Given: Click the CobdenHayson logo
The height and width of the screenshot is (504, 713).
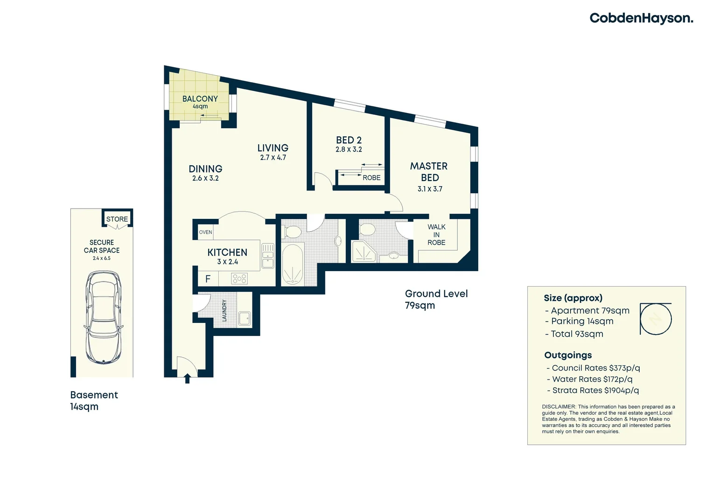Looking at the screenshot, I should pos(641,18).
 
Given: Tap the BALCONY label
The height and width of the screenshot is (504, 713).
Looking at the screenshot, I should pos(200,99).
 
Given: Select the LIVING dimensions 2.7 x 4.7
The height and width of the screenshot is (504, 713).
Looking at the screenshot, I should pos(273,158).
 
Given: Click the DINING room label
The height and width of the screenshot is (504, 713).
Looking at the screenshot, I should pos(205,169).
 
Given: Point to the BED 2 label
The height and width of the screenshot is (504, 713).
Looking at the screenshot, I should pos(349,140).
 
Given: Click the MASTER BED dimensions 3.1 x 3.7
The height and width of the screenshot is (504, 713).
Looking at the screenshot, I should pos(430,189).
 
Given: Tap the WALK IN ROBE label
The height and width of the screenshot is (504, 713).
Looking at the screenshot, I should pos(436,235).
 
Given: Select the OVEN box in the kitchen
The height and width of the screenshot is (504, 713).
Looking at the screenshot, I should pos(205,232).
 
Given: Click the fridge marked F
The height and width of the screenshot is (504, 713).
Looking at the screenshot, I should pos(208,279).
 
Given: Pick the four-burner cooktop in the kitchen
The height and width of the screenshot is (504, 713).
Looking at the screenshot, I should pos(239,279).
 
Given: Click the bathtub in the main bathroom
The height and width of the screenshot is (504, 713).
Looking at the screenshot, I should pos(293,265).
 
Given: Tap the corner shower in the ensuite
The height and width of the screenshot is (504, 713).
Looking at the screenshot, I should pos(363,252).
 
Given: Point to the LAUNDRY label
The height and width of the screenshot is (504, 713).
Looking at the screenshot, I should pos(224,310).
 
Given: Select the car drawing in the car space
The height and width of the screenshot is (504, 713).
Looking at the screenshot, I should pos(104,317).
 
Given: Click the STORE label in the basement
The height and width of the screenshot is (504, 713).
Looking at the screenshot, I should pos(117,219).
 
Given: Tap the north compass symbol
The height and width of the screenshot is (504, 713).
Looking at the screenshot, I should pos(656,319).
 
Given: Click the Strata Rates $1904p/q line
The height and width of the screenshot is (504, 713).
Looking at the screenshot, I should pos(592,391).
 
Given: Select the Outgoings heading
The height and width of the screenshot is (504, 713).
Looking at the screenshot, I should pos(568,355).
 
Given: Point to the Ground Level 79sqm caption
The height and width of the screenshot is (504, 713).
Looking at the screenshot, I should pos(435,299).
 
